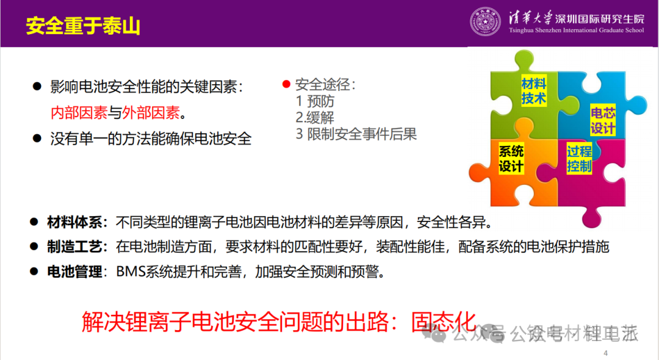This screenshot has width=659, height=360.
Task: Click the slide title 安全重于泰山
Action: pos(83,26)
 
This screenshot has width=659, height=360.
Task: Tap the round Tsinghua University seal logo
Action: pos(486,22)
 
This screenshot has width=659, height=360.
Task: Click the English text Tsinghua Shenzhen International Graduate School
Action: pos(576,31)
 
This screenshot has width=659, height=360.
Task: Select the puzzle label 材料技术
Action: pos(534,91)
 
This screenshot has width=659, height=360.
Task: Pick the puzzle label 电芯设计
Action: pos(603,120)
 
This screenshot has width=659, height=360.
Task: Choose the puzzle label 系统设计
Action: pos(511,159)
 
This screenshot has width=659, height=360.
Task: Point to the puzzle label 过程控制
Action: pos(579,159)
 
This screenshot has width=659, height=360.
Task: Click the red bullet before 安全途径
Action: pos(286,84)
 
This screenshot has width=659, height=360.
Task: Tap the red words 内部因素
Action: pos(79,113)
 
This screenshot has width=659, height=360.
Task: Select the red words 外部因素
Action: pos(151,113)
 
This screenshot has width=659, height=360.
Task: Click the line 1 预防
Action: pos(315,101)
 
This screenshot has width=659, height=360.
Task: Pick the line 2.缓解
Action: pos(315,118)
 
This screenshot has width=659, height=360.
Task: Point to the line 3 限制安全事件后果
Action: pos(356,134)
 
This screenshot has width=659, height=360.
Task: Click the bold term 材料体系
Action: pos(74,222)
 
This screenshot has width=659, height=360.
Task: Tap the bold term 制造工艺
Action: pos(74,247)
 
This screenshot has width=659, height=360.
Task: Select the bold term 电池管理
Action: pos(74,272)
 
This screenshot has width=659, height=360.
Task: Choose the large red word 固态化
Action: pos(444,322)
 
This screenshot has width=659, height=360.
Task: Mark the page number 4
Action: pos(606,353)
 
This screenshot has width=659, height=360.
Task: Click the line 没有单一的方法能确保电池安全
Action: pos(151,139)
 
